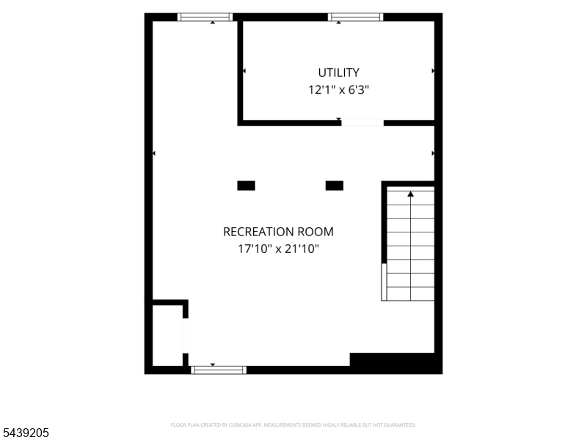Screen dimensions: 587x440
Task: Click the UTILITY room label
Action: [338, 72]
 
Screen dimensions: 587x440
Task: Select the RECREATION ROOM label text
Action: [278, 232]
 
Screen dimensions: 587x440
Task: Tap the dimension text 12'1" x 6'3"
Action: [338, 89]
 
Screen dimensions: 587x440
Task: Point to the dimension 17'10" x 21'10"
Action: [278, 249]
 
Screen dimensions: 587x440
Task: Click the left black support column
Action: [246, 186]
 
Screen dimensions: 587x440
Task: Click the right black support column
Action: [335, 186]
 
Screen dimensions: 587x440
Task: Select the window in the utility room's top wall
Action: [356, 17]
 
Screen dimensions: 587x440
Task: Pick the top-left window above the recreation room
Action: [205, 17]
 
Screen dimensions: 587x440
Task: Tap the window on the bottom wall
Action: [219, 370]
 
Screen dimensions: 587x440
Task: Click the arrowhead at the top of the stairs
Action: [411, 194]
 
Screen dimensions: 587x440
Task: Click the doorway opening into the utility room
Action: [362, 122]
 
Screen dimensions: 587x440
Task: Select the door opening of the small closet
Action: [186, 336]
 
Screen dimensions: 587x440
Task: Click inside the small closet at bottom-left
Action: [167, 336]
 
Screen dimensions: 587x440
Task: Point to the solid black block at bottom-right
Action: [396, 363]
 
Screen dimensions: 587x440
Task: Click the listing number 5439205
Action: [24, 433]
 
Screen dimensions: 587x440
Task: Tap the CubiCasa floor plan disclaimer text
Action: [293, 425]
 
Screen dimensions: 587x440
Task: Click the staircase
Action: [410, 243]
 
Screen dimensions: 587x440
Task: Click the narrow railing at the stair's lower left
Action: [384, 282]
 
